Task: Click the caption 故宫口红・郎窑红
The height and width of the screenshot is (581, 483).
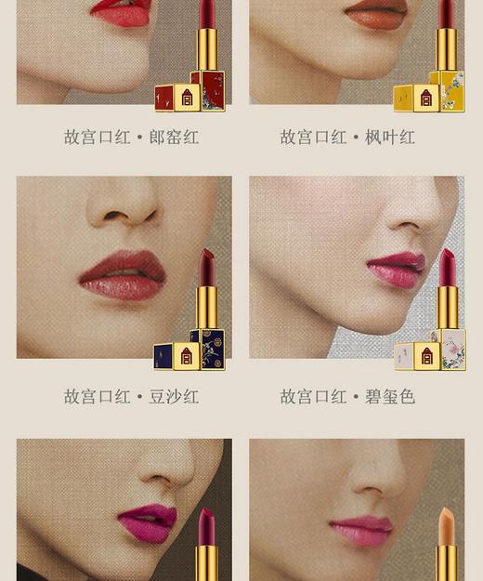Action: [131, 138]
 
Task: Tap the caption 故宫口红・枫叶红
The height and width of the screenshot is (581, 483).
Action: [347, 138]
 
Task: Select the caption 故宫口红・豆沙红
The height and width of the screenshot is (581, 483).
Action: [131, 397]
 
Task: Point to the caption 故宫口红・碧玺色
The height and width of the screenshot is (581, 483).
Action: [347, 397]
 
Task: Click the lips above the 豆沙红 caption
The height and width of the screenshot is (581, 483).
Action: [123, 275]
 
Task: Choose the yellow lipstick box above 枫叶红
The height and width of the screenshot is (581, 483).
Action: [427, 93]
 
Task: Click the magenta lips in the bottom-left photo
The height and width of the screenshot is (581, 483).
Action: [146, 522]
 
